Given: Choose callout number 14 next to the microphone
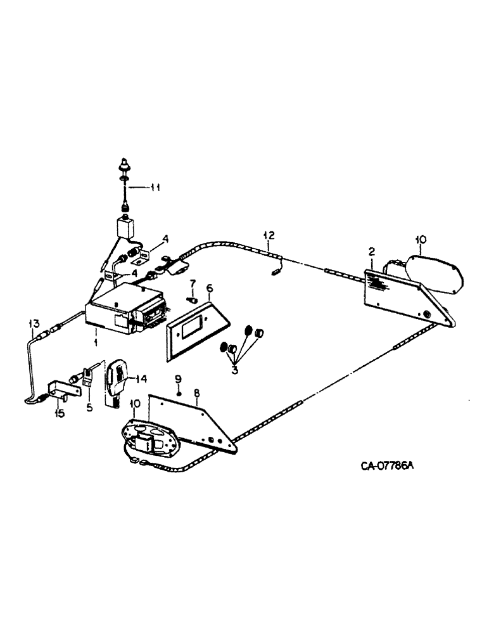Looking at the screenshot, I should point(140,378).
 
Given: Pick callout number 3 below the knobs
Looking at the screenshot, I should point(234,369).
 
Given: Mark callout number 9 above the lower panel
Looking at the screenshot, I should point(178,378).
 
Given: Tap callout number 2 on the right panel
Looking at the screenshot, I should point(372,252).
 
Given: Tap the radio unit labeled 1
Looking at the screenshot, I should point(124,311).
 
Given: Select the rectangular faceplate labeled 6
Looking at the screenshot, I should point(196,330).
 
